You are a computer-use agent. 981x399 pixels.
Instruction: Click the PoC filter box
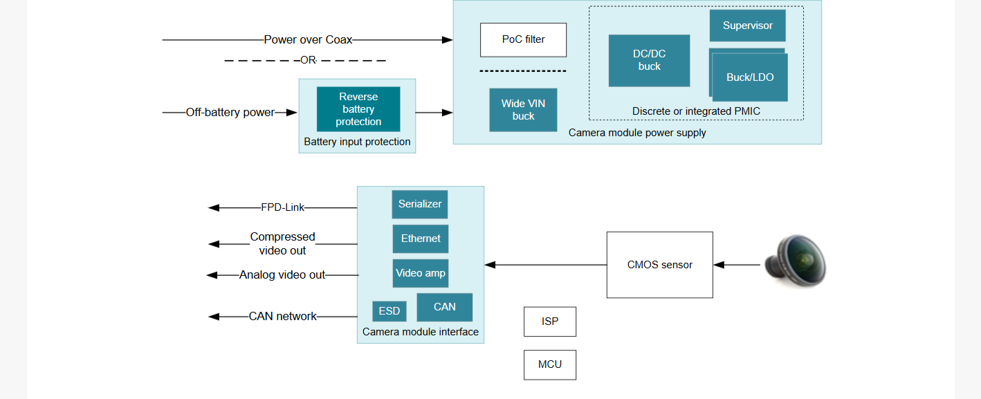click(x=523, y=40)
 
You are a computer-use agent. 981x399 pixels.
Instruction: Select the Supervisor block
click(x=747, y=26)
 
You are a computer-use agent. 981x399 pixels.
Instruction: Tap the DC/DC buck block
click(x=649, y=60)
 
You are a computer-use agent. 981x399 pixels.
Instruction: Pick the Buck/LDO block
click(x=750, y=77)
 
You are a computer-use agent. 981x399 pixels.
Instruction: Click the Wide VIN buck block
click(x=523, y=110)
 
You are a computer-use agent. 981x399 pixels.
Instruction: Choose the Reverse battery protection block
click(x=358, y=109)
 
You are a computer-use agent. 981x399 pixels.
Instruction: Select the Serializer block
click(x=419, y=204)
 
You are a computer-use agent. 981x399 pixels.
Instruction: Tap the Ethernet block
click(x=421, y=239)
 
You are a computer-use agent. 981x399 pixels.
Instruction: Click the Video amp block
click(x=421, y=273)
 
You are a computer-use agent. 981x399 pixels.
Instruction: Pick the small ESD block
click(x=389, y=311)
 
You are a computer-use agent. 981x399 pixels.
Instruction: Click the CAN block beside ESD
click(x=445, y=307)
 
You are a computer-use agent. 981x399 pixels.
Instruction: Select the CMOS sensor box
click(x=659, y=265)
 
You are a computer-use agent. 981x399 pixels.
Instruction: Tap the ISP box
click(x=549, y=322)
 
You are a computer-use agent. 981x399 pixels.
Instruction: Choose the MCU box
click(x=549, y=365)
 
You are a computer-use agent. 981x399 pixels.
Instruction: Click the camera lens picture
click(x=796, y=261)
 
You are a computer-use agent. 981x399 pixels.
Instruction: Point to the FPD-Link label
click(x=282, y=207)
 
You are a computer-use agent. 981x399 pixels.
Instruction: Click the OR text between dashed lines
click(x=309, y=60)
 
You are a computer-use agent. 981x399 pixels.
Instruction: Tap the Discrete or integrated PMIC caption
click(x=696, y=111)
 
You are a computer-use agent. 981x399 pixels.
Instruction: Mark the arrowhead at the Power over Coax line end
click(x=447, y=40)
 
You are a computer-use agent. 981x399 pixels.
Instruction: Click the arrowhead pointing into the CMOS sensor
click(x=719, y=265)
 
